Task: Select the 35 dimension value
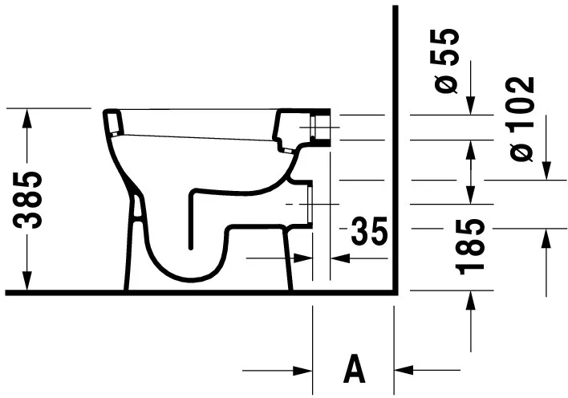click(x=369, y=233)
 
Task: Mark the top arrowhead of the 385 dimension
click(x=28, y=117)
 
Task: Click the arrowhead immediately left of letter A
click(x=302, y=370)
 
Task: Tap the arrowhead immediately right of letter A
click(x=407, y=370)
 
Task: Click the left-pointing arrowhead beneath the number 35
click(x=340, y=258)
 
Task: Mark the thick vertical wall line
click(x=396, y=144)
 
